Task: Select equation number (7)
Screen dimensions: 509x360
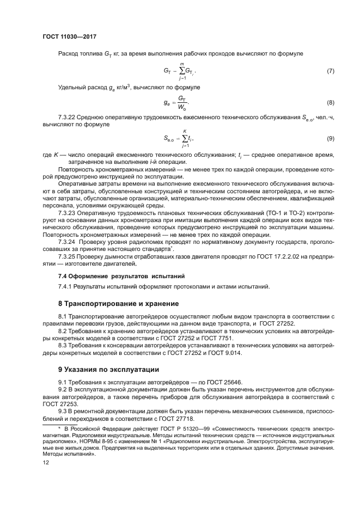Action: (x=330, y=71)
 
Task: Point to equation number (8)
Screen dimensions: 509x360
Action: (x=330, y=102)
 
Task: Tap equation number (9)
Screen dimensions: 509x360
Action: (x=330, y=139)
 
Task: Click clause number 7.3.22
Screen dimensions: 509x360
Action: (x=68, y=117)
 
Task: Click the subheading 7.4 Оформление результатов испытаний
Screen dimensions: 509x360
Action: (x=121, y=276)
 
